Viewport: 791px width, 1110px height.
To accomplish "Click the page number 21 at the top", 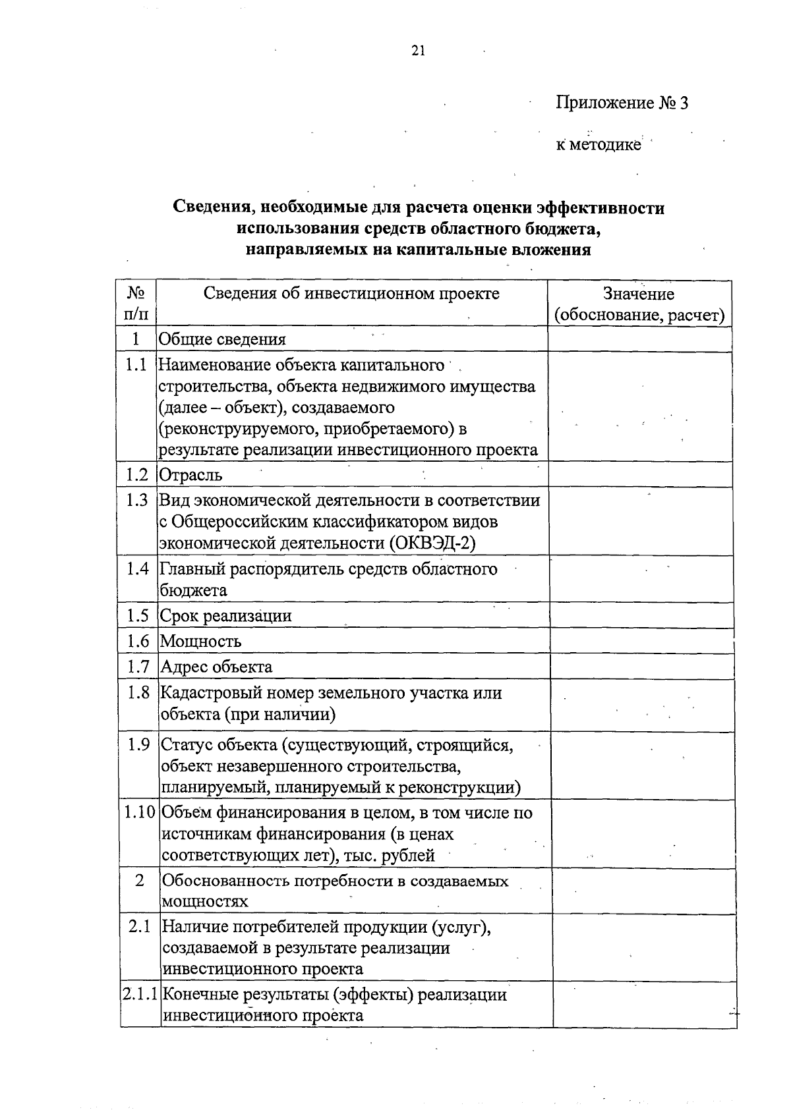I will click(x=419, y=51).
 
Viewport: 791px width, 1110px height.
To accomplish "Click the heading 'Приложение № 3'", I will click(x=622, y=103).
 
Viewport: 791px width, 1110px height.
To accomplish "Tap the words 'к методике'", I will click(x=598, y=145).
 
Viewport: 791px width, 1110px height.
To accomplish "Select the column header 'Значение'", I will click(x=638, y=294).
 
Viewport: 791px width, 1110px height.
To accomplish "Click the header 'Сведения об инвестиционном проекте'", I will click(x=351, y=294).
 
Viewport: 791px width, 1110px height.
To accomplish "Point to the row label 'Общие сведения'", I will click(x=222, y=340).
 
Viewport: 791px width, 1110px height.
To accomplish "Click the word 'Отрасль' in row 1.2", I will click(x=190, y=475).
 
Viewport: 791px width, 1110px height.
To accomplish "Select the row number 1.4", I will click(x=138, y=569).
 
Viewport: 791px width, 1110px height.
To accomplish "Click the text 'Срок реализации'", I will click(x=225, y=616).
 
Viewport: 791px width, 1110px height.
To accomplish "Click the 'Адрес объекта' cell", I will click(x=216, y=667).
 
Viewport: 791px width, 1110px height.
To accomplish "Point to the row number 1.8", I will click(x=138, y=693).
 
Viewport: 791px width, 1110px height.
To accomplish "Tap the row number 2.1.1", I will click(x=140, y=995).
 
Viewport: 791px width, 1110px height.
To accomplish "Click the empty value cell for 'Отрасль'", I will click(x=639, y=474).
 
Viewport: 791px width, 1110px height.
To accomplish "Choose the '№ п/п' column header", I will click(x=136, y=303).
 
